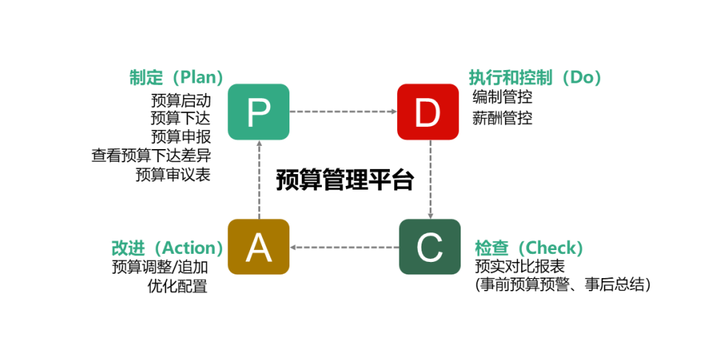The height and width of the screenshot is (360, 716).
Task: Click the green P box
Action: [x=258, y=112]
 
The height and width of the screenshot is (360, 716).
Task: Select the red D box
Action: [x=428, y=112]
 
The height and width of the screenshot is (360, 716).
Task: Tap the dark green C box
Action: [x=430, y=247]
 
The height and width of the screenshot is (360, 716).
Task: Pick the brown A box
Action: [x=258, y=247]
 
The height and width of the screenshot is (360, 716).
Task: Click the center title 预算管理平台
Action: [x=345, y=180]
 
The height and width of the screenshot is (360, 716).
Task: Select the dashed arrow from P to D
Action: [x=343, y=111]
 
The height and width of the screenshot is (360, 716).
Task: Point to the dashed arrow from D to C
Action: [x=430, y=179]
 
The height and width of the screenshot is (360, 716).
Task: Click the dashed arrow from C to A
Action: [x=344, y=247]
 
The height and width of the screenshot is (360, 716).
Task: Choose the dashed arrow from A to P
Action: [x=259, y=180]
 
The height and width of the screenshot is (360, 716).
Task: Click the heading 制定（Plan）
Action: [x=176, y=77]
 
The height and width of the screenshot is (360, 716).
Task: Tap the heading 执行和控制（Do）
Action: [x=535, y=77]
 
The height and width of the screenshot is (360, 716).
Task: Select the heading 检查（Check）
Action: [x=529, y=248]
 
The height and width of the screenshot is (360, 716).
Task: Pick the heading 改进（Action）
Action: [x=168, y=248]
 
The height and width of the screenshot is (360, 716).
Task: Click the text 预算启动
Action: [x=181, y=100]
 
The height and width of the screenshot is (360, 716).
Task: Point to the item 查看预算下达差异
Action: [x=151, y=156]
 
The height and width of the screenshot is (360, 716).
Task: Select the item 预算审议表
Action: [x=173, y=174]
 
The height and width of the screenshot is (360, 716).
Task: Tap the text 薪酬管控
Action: [x=502, y=118]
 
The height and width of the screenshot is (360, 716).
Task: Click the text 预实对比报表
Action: [x=520, y=266]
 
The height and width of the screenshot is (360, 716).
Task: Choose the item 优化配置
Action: [x=178, y=286]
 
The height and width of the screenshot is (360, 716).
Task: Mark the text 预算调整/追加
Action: [x=160, y=267]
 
